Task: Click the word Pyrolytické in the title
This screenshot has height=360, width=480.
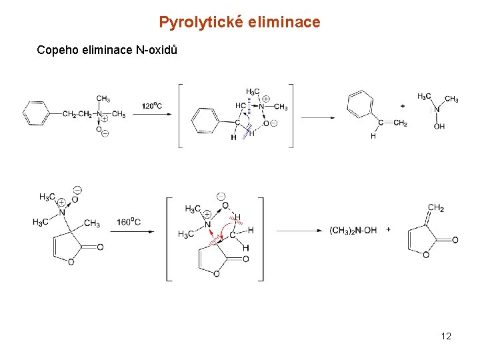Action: pyautogui.click(x=201, y=23)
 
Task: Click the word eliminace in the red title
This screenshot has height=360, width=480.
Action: pyautogui.click(x=284, y=23)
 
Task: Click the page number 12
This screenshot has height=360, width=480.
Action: pyautogui.click(x=446, y=336)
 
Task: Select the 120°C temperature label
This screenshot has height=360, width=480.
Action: pyautogui.click(x=153, y=105)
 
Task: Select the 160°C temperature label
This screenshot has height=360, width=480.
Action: pyautogui.click(x=128, y=222)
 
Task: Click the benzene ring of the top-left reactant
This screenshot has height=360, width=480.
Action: pyautogui.click(x=37, y=113)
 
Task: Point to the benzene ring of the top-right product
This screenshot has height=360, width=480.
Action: pyautogui.click(x=360, y=103)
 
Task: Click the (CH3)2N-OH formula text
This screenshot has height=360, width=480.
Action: pyautogui.click(x=353, y=230)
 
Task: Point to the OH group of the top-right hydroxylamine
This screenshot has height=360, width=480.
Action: pyautogui.click(x=439, y=127)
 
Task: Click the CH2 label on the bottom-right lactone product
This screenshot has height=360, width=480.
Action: pyautogui.click(x=435, y=209)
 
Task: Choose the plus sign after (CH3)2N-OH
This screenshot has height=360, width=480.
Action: pyautogui.click(x=388, y=230)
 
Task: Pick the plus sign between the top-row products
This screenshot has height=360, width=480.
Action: pyautogui.click(x=402, y=106)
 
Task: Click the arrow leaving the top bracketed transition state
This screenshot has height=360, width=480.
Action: pyautogui.click(x=318, y=117)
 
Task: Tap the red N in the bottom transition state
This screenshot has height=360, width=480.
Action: pyautogui.click(x=208, y=225)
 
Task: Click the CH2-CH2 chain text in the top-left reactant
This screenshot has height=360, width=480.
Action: pyautogui.click(x=77, y=114)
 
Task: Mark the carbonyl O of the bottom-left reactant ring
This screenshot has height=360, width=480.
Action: pyautogui.click(x=100, y=247)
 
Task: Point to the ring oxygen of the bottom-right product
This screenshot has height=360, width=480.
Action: pyautogui.click(x=425, y=255)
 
